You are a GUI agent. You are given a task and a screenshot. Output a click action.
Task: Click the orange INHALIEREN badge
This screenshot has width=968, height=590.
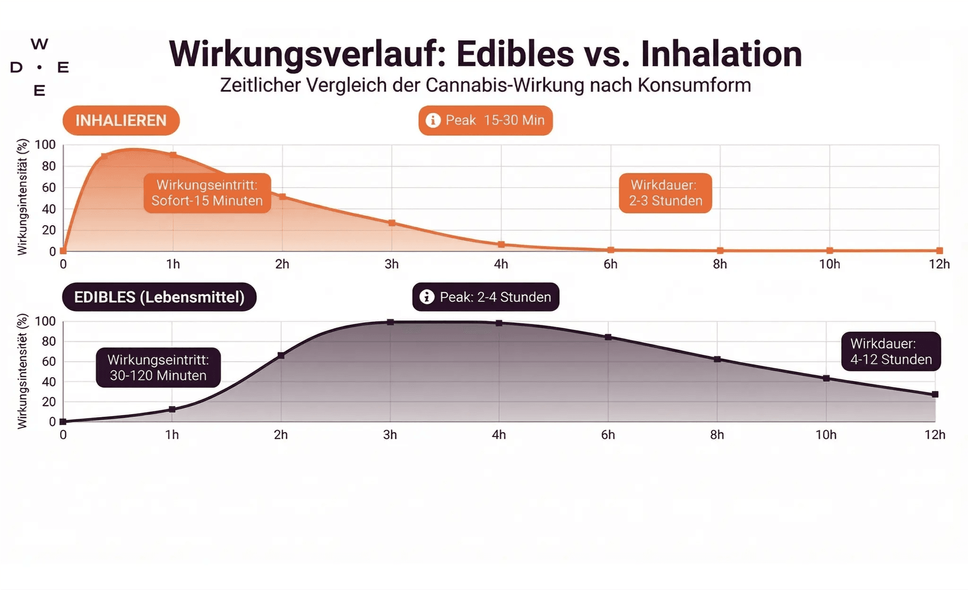pos(121,121)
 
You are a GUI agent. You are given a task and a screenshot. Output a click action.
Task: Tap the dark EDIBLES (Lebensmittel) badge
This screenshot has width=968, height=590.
pos(159,297)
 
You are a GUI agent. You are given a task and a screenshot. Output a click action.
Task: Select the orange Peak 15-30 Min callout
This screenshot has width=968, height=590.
pos(485,121)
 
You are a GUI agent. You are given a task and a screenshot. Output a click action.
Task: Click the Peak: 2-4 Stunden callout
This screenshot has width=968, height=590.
pos(486,297)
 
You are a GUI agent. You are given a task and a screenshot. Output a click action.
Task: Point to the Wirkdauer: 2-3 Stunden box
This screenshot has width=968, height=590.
pos(665,193)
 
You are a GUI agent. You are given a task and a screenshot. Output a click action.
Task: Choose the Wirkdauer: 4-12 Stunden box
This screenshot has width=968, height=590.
pos(891,351)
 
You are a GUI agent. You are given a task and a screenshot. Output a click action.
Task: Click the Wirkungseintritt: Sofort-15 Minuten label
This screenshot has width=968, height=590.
pos(207,193)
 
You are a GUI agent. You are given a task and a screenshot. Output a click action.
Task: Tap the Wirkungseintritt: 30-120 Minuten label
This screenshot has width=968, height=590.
pos(158,368)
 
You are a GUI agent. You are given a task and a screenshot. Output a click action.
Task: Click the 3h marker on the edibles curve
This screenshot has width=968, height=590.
pos(390,322)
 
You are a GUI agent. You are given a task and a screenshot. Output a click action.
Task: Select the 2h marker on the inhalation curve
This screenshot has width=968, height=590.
pos(283,197)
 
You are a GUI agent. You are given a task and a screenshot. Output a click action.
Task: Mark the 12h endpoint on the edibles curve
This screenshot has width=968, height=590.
pos(935,394)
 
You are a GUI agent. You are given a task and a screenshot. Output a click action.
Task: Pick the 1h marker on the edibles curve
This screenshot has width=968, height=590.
pos(172,409)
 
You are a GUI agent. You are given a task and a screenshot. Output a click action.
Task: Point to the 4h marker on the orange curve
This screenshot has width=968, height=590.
pos(501,244)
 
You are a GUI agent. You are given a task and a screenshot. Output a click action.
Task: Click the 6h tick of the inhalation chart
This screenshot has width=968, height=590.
pos(610,264)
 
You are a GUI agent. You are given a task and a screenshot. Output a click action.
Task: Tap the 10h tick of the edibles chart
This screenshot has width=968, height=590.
pos(826,435)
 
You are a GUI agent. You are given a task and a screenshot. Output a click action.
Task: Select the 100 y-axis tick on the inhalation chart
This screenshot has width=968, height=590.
pos(45,145)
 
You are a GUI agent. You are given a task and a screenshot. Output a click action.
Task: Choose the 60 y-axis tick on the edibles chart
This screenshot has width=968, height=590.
pos(49,362)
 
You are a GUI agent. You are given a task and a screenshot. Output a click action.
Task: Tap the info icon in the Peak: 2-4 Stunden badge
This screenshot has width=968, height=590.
pos(427,297)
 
